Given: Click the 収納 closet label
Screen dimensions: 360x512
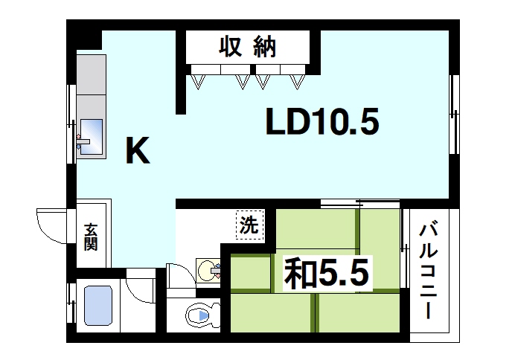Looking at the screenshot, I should (248, 48).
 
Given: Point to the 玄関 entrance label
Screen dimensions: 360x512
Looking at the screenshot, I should (90, 237).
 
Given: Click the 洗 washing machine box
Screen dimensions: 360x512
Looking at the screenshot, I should (249, 225).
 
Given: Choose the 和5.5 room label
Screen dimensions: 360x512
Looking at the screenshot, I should (326, 274).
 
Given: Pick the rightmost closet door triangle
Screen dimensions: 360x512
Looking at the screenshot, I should (298, 78).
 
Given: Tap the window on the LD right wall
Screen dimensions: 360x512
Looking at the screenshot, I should (454, 111).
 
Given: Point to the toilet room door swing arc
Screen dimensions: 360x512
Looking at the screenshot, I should (179, 277).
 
